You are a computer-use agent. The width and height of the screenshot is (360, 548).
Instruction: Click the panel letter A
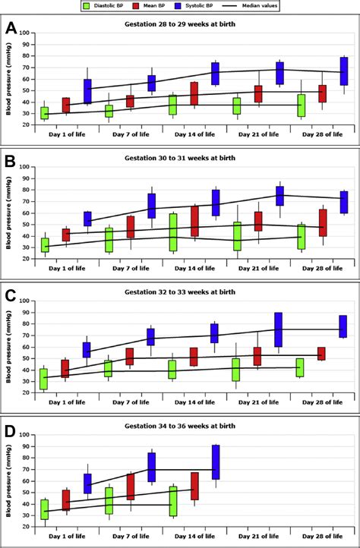[x=10, y=29]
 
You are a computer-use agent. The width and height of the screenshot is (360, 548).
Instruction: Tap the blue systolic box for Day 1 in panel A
[x=87, y=91]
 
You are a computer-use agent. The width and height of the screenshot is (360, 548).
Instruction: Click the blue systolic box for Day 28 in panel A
[x=344, y=71]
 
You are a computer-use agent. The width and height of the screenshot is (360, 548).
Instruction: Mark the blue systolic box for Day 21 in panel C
[x=279, y=329]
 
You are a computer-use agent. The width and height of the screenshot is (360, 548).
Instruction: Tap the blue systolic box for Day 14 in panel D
[x=215, y=461]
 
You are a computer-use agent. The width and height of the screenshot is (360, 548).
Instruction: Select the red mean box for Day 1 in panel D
[x=66, y=500]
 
